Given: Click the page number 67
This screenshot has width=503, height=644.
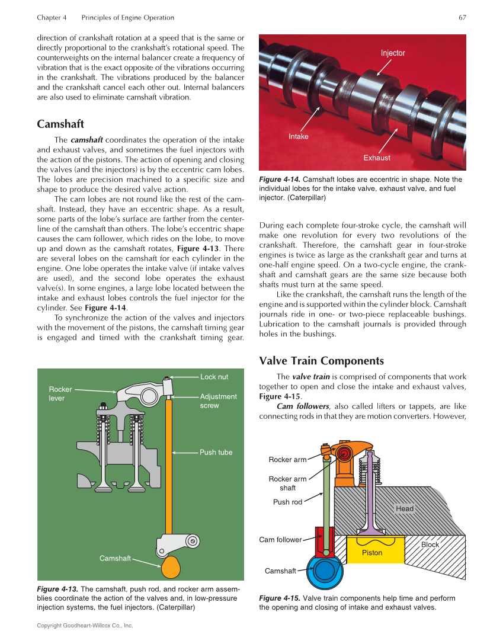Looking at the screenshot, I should (462, 18).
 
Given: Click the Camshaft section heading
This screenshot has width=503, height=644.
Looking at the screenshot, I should (60, 124).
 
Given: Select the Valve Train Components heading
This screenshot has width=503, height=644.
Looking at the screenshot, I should (321, 361).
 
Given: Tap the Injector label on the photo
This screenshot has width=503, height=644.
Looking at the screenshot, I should (393, 53).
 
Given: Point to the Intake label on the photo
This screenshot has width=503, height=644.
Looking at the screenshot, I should (299, 136).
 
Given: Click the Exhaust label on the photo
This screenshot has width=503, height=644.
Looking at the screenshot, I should (377, 158).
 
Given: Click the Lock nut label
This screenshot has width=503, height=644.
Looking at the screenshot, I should (214, 377).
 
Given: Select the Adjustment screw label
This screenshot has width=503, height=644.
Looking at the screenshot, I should (218, 401).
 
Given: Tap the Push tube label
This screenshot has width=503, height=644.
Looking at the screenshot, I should (216, 452).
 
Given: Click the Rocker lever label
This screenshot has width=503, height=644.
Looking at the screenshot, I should (60, 393).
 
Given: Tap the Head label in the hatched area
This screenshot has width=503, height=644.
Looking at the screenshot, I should (405, 508).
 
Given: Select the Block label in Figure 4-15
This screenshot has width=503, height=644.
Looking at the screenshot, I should (430, 544).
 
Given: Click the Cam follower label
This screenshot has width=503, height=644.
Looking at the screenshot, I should (280, 540).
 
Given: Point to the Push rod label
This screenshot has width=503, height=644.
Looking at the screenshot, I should (287, 502).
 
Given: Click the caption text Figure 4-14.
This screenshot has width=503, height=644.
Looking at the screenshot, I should (280, 180).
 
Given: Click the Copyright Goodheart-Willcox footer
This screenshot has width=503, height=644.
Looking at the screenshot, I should (85, 626).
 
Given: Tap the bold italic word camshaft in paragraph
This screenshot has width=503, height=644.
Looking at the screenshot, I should (87, 140).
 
